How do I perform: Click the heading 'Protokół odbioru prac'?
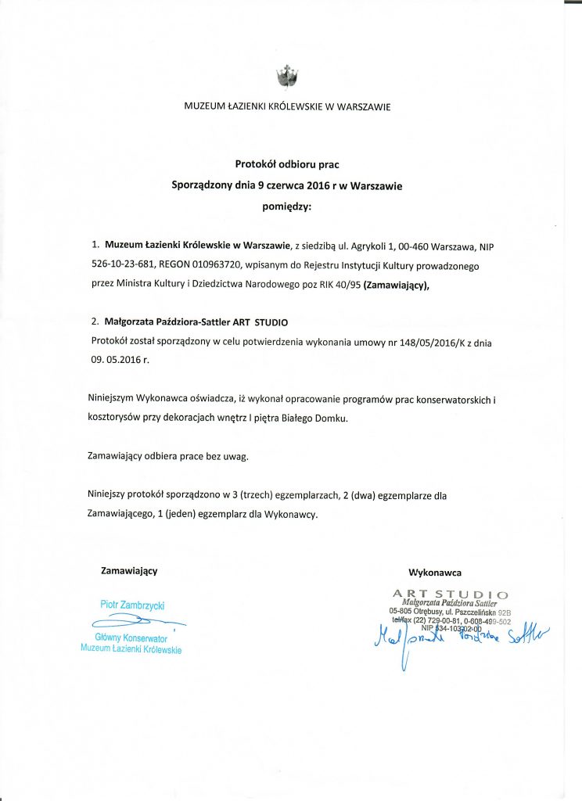click(287, 164)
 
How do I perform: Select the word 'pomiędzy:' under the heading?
click(287, 207)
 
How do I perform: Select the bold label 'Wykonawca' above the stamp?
click(435, 573)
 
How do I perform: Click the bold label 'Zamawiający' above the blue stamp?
click(129, 571)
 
